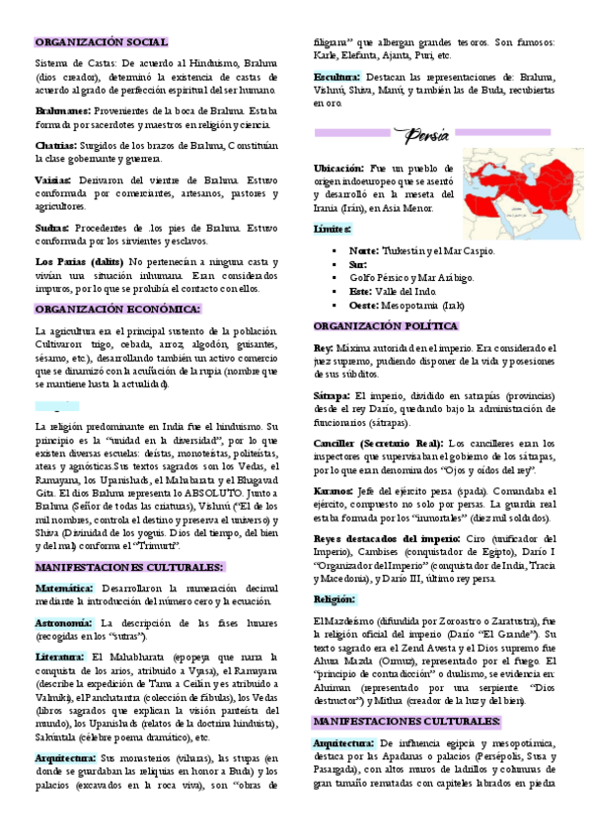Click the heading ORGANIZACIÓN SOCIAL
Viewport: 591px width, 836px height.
(102, 43)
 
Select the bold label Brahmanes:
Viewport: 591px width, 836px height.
(64, 112)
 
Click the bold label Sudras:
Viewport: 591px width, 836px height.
(53, 227)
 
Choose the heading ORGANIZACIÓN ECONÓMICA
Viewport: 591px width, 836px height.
(116, 309)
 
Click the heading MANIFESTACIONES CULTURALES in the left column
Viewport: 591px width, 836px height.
(128, 567)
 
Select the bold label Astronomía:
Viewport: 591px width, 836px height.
(64, 623)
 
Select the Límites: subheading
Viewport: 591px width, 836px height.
(332, 229)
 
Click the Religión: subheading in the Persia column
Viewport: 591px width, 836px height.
(334, 598)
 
